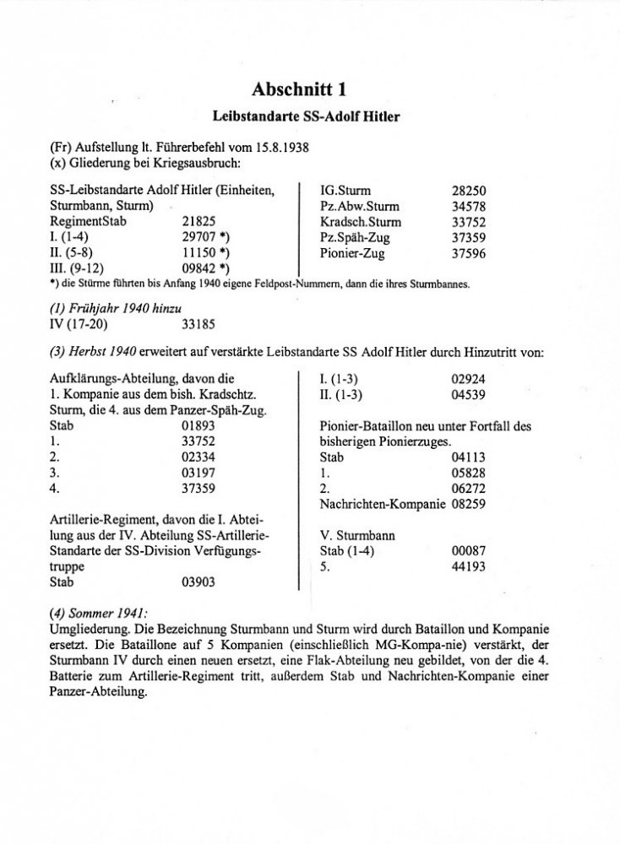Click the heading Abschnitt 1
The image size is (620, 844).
click(309, 88)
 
